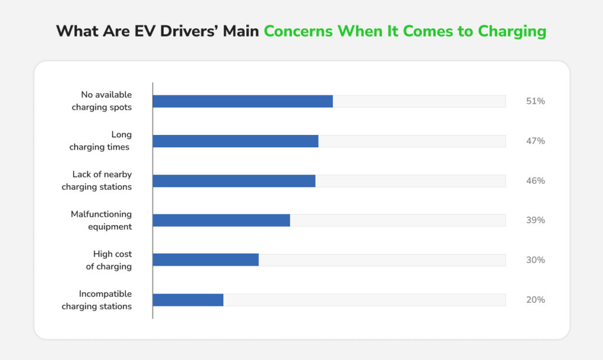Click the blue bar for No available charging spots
[243, 101]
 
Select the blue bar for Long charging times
[236, 141]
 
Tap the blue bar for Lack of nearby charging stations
[234, 181]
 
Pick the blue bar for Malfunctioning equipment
[221, 220]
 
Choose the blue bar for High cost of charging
[206, 260]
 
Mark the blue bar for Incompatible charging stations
[188, 300]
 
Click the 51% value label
[535, 101]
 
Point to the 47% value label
[535, 141]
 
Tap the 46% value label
[535, 181]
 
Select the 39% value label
[535, 220]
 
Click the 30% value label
[535, 260]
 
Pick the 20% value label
[535, 300]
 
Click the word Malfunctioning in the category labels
[101, 214]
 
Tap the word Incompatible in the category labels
[105, 294]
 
